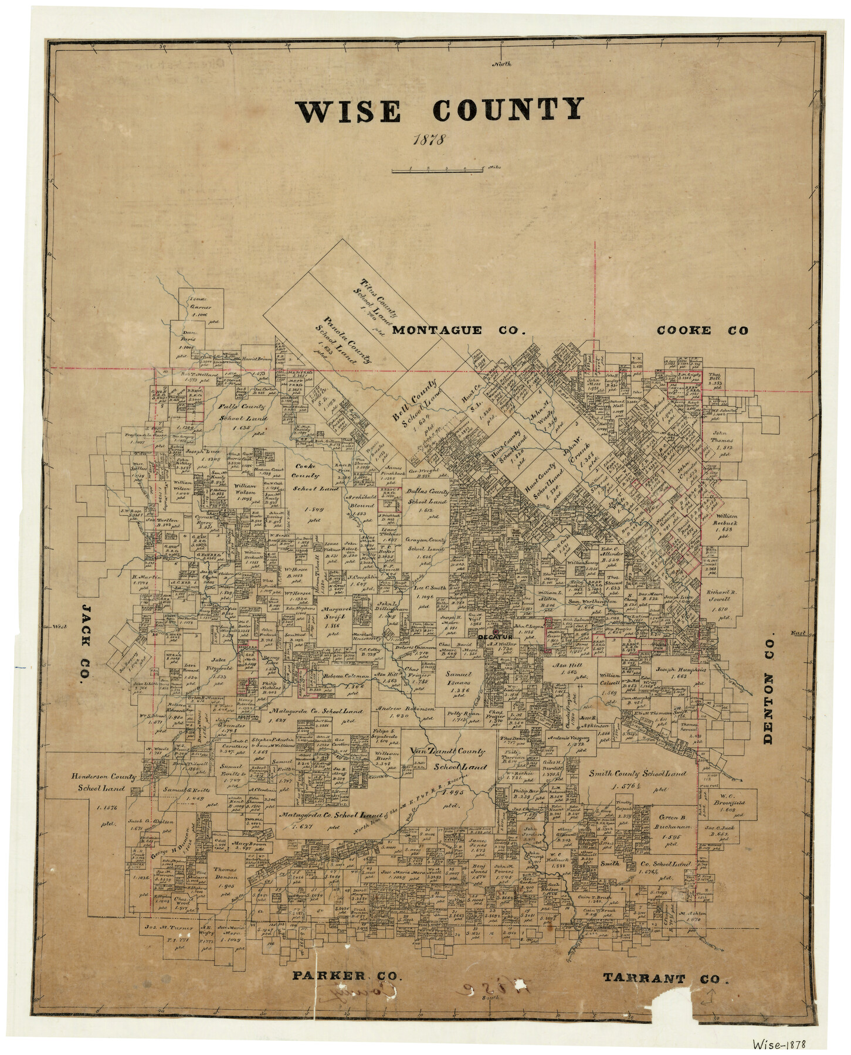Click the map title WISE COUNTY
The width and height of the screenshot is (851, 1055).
439,110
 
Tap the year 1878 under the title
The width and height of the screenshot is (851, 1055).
429,141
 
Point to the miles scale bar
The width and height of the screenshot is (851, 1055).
438,170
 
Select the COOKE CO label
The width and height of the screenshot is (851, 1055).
702,331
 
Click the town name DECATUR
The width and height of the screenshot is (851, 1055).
496,635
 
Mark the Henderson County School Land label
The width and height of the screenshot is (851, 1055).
104,782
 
